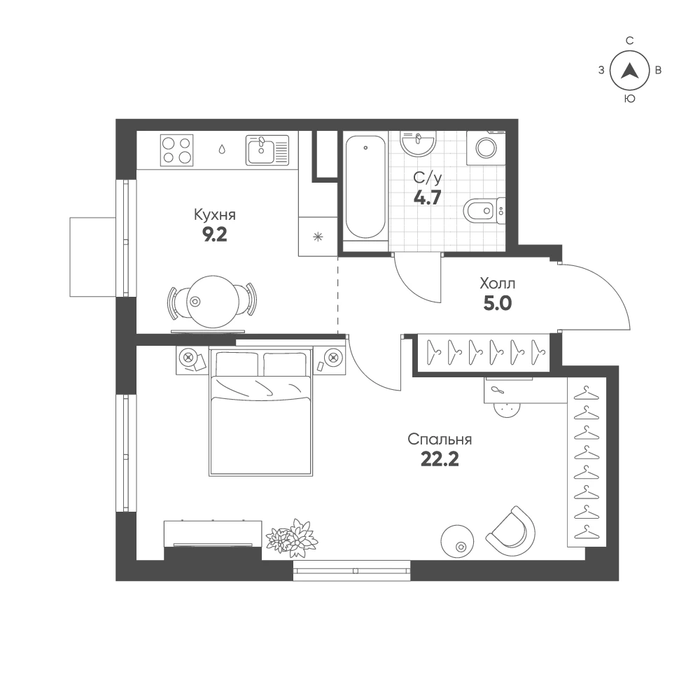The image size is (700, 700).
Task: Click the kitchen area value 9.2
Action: pos(215,234)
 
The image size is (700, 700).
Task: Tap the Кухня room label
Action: pos(215,215)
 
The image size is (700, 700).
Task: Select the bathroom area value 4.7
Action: pos(427,197)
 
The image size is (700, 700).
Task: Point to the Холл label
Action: pos(497,283)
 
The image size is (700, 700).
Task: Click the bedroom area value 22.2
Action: pos(440,459)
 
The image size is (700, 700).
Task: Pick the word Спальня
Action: pos(440,440)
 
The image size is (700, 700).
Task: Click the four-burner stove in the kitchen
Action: pos(177,150)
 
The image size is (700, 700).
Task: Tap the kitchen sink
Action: pos(267,150)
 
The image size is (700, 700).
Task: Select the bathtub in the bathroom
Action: pos(365,187)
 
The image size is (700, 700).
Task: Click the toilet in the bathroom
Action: pos(484,211)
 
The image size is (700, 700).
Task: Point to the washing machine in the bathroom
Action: pos(486,148)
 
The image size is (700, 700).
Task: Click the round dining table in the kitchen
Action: pos(213,301)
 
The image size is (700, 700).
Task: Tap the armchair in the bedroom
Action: pos(512,531)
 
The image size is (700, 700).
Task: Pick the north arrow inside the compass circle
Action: pos(629,70)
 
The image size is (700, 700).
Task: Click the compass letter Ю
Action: pos(629,99)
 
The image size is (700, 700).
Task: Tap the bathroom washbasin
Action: pos(418,142)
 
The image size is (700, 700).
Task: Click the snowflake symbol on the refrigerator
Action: pos(318,237)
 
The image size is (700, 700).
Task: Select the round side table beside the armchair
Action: pos(457,540)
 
